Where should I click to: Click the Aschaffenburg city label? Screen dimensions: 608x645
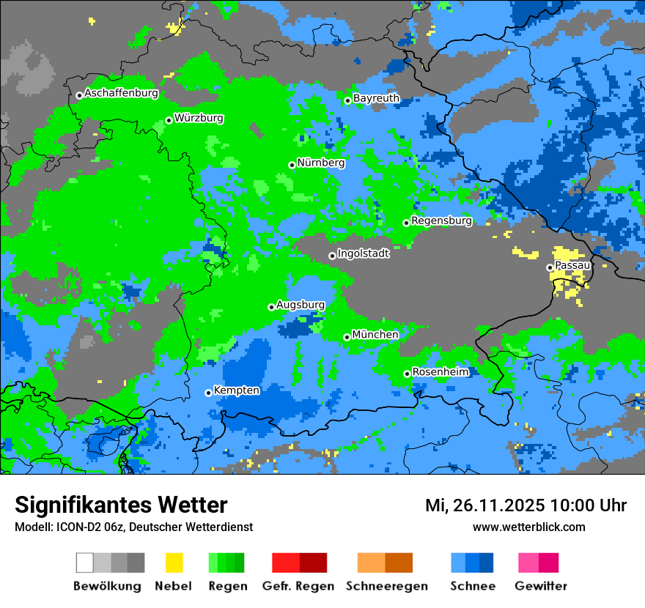point(121,94)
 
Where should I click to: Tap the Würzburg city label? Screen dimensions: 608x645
point(199,119)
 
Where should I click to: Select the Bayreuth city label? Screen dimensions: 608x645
point(376,98)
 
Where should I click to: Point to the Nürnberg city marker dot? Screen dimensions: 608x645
point(292,165)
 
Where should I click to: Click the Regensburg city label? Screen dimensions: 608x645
point(441,220)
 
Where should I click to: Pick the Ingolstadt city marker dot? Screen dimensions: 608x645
point(332,256)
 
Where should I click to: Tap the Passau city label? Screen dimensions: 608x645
point(572,265)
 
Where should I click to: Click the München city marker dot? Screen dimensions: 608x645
point(347,337)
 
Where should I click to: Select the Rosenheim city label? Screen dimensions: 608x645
point(440,372)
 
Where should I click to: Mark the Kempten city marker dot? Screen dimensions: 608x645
point(208,393)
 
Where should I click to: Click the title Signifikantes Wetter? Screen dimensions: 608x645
point(121,505)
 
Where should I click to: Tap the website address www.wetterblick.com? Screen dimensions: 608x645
point(528,527)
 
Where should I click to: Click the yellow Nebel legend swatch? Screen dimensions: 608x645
point(174,563)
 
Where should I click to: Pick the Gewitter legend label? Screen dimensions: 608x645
point(541,586)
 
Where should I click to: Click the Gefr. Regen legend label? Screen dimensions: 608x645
point(298,586)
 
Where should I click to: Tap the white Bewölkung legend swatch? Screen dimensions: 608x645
point(85,563)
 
